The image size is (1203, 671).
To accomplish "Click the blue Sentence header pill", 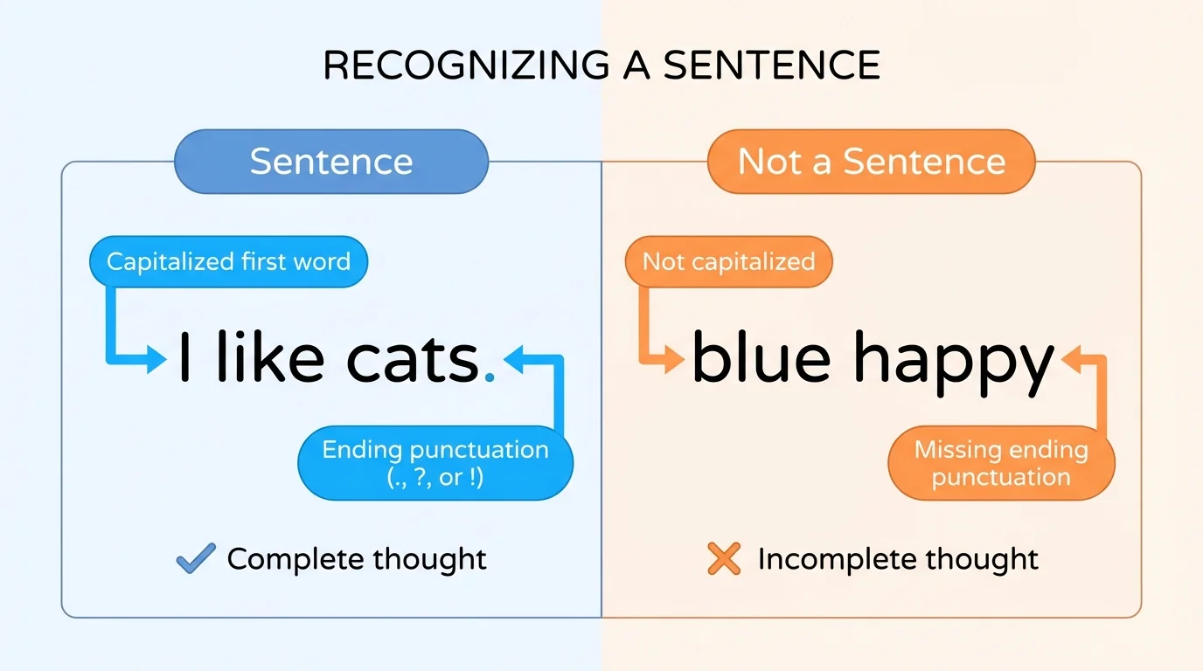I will coord(331,162).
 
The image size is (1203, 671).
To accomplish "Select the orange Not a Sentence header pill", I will coord(871,162).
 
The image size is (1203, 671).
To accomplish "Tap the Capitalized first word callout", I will coord(228,261).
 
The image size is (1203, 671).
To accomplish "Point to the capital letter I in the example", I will coord(184,359).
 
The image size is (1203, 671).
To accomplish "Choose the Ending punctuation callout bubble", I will coord(435,463).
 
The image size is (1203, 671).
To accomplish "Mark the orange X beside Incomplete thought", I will coord(724,559).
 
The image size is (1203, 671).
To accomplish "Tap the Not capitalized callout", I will coord(728,261).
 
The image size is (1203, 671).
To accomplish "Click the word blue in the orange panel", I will coord(760,359).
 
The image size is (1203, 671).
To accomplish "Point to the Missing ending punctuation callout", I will coord(1001,463).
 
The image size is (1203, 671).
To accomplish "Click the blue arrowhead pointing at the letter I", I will coord(156,359).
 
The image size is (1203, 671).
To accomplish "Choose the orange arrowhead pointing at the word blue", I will coord(674,359).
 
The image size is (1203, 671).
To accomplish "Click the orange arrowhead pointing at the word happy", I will coord(1067,359).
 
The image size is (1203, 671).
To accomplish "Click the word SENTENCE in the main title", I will coord(771,66).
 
